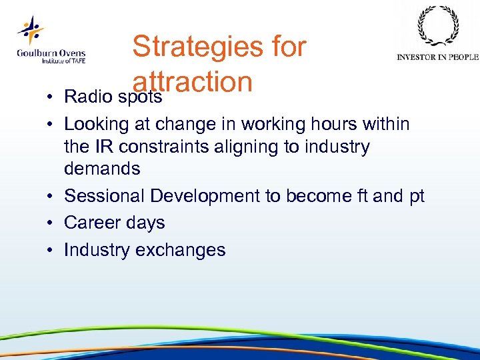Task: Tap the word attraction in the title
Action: point(193,82)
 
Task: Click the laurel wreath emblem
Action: point(437,27)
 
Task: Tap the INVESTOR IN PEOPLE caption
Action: point(437,57)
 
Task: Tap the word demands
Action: point(102,169)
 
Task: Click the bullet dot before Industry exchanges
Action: point(51,251)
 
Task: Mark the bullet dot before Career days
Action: point(51,223)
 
